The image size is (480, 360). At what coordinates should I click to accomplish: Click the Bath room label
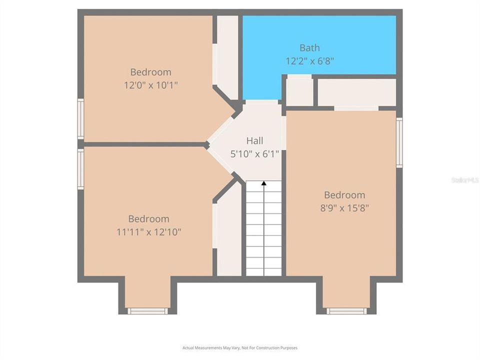pos(309,48)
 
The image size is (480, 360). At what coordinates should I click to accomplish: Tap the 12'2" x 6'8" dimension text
pos(309,61)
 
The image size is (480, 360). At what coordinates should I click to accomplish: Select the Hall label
pos(254,141)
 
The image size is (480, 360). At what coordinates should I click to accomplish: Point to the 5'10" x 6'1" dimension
pos(254,154)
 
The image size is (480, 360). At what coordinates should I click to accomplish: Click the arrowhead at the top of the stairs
pos(263,183)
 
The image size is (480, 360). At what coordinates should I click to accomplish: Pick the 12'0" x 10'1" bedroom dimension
pos(151,85)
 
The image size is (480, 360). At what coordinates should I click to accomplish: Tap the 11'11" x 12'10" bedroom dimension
pos(148,232)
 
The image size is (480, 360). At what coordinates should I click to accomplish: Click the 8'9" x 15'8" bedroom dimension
pos(344,208)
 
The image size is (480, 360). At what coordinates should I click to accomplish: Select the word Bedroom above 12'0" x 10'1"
pos(151,72)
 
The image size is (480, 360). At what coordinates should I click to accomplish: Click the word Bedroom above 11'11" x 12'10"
pos(148,219)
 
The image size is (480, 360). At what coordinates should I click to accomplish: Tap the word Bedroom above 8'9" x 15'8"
pos(344,195)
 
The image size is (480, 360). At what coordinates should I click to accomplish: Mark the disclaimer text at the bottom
pos(240,347)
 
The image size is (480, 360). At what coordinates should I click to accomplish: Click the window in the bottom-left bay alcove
pos(147,311)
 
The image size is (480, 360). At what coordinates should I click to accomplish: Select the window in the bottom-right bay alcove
pos(346,311)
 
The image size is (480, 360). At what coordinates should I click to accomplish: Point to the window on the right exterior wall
pos(399,142)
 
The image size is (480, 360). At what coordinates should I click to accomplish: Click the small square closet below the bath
pos(299,91)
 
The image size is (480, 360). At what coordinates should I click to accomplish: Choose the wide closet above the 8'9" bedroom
pos(356,92)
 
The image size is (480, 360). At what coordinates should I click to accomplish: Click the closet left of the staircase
pos(228,232)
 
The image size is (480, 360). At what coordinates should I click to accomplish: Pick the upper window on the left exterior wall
pos(80,118)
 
